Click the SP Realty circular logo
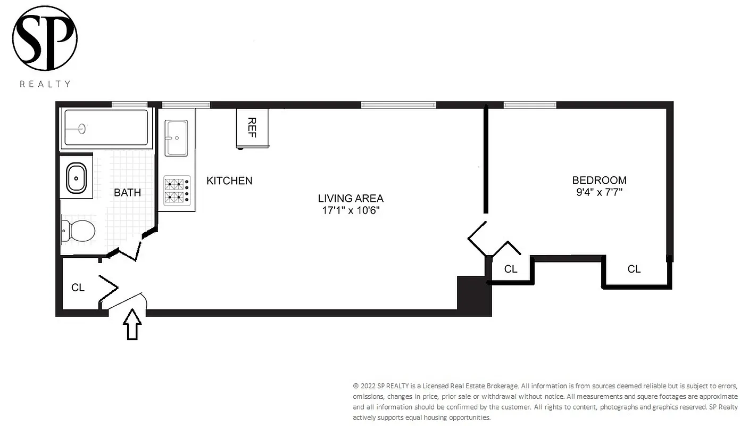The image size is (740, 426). click(45, 38)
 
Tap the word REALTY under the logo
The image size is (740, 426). click(45, 84)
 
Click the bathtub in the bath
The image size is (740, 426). click(106, 128)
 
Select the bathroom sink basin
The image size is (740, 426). click(76, 177)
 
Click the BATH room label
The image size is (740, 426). click(127, 192)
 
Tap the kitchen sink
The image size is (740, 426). click(176, 138)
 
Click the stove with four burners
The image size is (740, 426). click(177, 191)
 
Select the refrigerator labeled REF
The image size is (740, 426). click(252, 128)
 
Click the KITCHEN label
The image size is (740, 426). click(229, 181)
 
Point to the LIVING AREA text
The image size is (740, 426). click(351, 198)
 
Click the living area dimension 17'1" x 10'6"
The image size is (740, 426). click(351, 210)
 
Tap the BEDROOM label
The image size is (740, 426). click(599, 180)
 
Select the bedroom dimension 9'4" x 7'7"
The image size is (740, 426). click(599, 192)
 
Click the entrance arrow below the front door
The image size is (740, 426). click(132, 324)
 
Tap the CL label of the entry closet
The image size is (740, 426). click(78, 288)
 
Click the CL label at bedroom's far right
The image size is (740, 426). click(634, 269)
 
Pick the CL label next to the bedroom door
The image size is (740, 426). click(510, 269)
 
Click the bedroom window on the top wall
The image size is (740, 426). click(530, 104)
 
